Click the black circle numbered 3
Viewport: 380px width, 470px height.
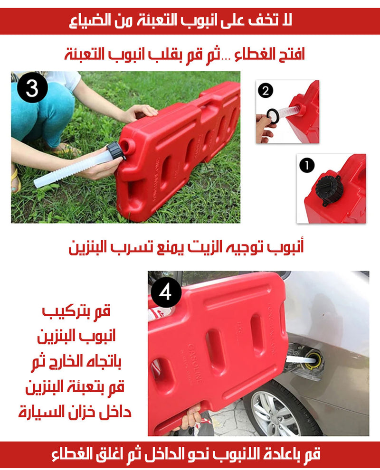[x=32, y=87]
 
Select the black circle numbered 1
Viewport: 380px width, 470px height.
[x=307, y=165]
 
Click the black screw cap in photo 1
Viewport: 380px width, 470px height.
[x=329, y=190]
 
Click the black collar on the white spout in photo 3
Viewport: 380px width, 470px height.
[x=115, y=151]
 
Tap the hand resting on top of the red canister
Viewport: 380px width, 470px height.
[x=142, y=113]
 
